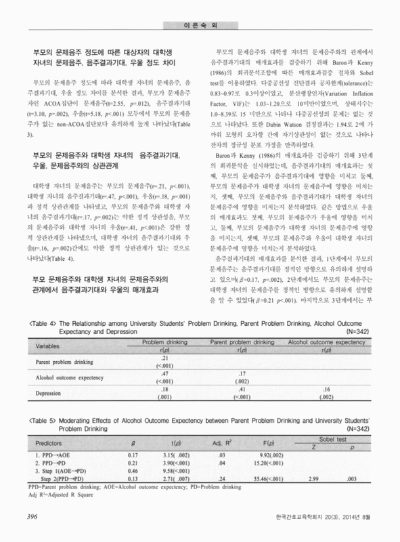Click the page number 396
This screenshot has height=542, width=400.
32,518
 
